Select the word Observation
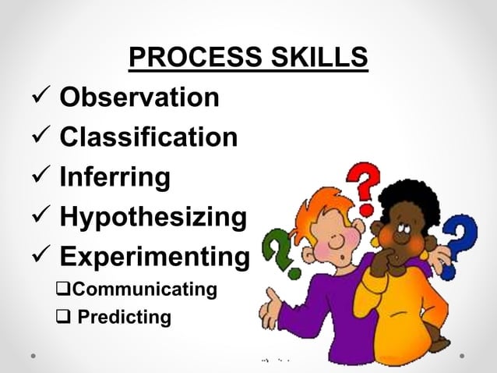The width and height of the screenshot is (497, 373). click(139, 98)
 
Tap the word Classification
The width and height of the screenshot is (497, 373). click(149, 137)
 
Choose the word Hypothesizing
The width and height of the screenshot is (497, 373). click(153, 216)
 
